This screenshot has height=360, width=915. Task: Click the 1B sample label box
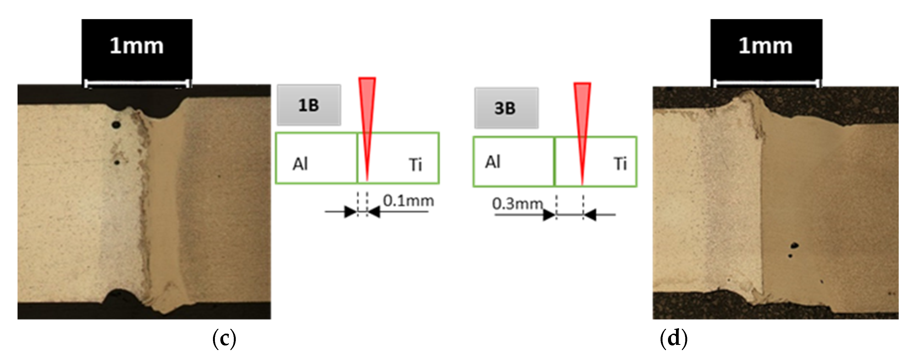[309, 105]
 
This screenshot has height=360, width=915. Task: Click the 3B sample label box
[506, 108]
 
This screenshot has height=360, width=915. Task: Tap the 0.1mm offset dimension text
[408, 201]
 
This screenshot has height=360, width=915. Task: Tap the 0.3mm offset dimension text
[517, 204]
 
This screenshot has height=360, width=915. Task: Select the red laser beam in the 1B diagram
[367, 117]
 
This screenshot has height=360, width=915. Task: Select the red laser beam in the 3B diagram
[582, 121]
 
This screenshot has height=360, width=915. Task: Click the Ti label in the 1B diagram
[415, 165]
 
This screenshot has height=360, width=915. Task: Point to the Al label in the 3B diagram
[493, 162]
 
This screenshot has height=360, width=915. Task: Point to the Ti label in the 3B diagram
[620, 164]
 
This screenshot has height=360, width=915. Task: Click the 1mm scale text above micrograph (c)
[136, 46]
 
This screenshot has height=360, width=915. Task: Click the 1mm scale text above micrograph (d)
[765, 46]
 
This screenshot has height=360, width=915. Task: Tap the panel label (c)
[224, 338]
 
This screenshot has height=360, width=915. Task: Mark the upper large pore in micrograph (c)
[116, 125]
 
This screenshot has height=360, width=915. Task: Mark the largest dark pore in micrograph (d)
[794, 245]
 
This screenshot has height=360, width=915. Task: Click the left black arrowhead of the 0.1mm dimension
[350, 212]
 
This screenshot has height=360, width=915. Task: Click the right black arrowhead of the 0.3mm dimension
[590, 215]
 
